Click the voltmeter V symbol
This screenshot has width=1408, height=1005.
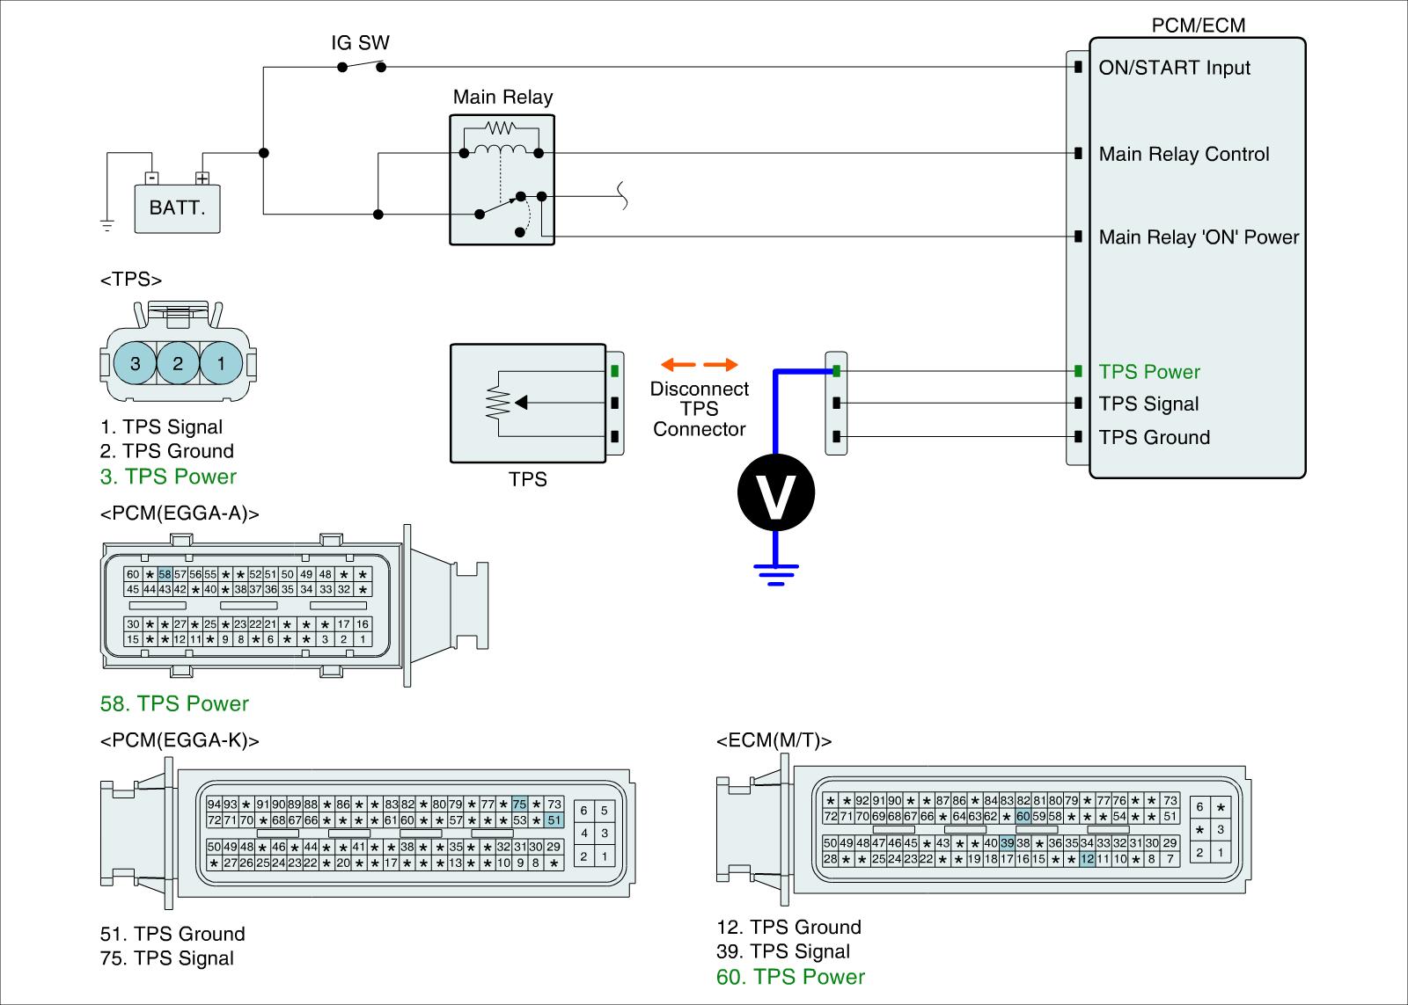775,492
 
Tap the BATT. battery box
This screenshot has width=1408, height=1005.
177,208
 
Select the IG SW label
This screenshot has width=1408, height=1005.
360,43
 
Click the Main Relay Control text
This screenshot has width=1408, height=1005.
1184,154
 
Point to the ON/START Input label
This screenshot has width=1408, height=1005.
1174,68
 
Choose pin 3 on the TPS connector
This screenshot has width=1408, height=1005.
135,363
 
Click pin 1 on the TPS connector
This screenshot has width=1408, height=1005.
221,363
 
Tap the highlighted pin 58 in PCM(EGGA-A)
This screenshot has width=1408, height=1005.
165,574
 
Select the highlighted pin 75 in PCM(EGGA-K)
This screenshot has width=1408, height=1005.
519,804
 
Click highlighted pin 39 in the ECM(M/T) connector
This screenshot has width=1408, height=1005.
1007,843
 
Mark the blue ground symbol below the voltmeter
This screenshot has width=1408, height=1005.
775,574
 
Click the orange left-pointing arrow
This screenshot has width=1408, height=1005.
678,364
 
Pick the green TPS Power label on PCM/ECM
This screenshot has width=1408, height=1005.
1149,372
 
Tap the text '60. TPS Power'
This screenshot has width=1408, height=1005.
790,977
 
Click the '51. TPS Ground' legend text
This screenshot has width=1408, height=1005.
172,934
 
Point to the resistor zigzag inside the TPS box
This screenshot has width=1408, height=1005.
498,402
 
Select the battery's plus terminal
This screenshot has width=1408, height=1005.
202,178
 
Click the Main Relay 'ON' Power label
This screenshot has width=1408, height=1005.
1199,237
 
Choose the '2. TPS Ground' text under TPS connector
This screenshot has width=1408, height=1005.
166,451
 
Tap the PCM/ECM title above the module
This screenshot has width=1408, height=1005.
1198,25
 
